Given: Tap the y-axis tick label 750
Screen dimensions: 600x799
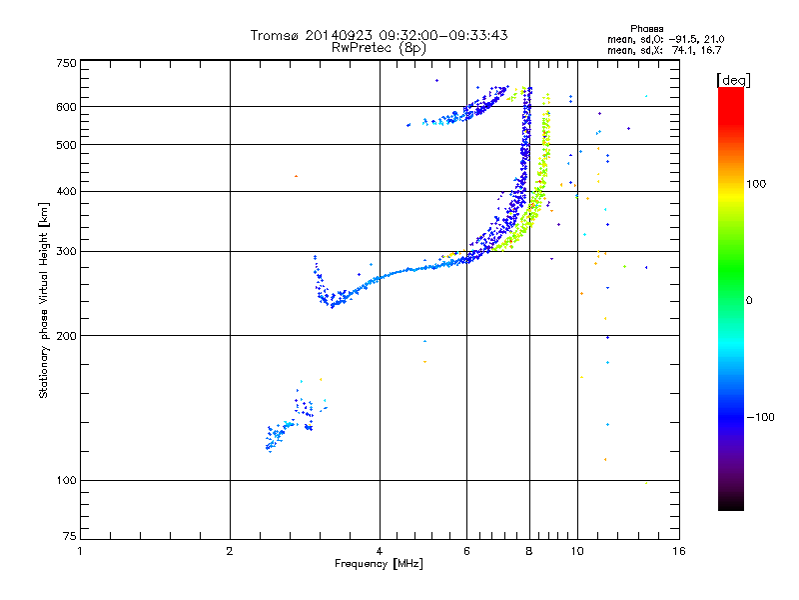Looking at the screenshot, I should click(67, 62).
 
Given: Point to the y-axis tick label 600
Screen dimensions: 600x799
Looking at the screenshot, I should click(67, 107).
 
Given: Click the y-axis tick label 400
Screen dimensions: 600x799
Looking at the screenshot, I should click(67, 191).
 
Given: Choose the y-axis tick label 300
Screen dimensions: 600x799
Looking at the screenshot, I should click(67, 251).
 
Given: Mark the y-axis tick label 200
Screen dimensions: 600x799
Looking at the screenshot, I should click(67, 335).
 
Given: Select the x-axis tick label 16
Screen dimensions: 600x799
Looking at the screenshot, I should click(679, 551).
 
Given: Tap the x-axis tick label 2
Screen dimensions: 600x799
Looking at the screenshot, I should click(230, 551).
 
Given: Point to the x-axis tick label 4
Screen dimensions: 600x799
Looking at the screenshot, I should click(380, 551).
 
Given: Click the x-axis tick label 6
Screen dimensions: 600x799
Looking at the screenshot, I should click(467, 551).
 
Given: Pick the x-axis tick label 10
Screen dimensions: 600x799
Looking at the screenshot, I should click(577, 551).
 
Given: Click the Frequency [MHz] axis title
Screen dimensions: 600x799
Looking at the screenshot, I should click(379, 564).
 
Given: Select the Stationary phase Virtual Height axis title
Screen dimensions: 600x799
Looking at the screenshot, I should click(44, 300).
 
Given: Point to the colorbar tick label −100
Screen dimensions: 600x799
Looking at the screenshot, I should click(760, 417).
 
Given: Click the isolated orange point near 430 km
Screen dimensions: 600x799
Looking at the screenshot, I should click(296, 177).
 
